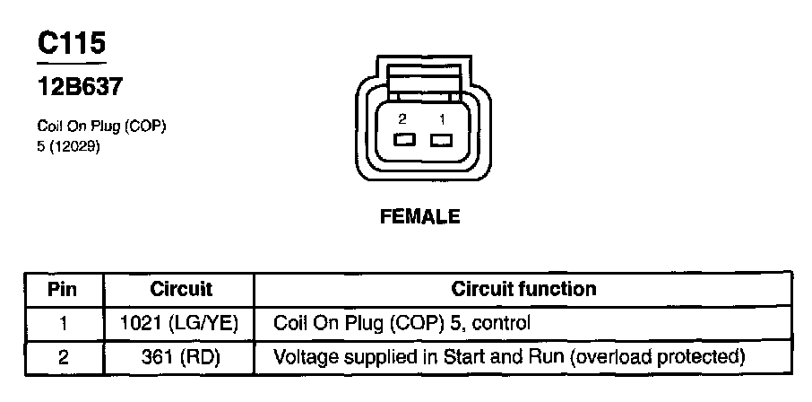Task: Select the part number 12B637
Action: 79,88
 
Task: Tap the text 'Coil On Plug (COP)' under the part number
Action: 100,127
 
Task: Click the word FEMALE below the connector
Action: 420,216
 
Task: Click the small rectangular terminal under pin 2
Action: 403,140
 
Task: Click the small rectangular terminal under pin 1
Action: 440,140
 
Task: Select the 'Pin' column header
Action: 62,290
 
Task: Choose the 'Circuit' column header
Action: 181,290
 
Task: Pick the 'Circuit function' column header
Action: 523,290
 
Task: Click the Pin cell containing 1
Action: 62,323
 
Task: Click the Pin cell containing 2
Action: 62,357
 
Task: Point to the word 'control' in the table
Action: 506,323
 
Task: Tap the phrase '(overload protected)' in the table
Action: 659,357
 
